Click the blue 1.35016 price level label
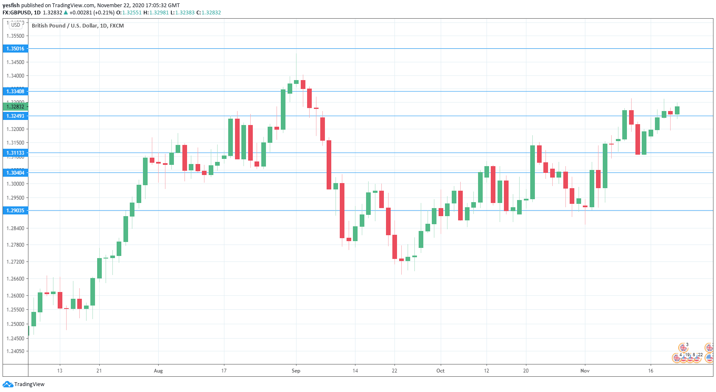15,49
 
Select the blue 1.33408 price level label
15,92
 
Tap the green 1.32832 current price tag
15,107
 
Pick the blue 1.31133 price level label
15,153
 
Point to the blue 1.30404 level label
15,173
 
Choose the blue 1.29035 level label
15,211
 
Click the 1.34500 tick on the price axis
15,62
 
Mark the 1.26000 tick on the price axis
15,296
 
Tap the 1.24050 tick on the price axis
15,351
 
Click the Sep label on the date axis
296,371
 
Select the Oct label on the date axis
441,371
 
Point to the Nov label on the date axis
585,371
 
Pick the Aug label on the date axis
158,371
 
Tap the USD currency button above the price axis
16,25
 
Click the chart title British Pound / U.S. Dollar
78,26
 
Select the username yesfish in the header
11,6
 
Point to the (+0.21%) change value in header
104,13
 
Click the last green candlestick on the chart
677,110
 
